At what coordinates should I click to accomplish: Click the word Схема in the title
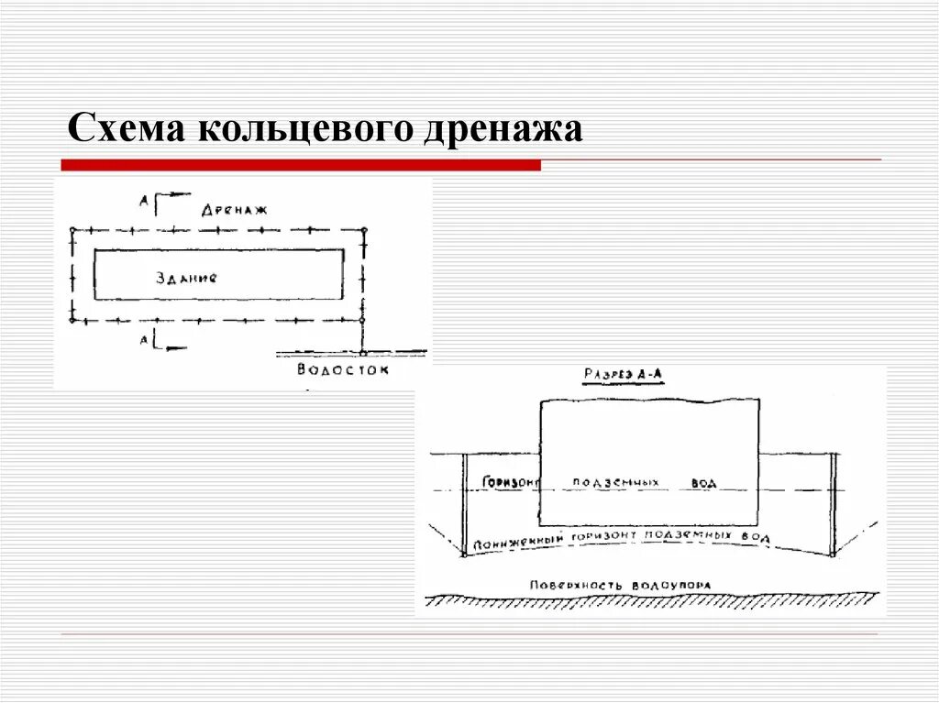coord(126,127)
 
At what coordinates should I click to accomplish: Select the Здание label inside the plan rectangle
coord(187,277)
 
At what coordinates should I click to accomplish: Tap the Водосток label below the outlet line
coord(343,369)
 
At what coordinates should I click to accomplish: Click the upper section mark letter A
coord(143,198)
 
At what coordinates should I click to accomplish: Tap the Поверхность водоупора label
coord(620,585)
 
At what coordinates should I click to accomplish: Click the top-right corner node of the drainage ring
coord(364,229)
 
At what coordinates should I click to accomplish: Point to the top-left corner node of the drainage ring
coord(72,229)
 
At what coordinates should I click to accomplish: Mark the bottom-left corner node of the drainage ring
coord(72,320)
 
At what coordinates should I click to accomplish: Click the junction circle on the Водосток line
coord(363,352)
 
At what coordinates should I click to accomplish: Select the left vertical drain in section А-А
coord(465,504)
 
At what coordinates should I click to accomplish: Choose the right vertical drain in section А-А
coord(834,504)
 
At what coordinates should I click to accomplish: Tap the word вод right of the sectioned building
coord(704,483)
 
